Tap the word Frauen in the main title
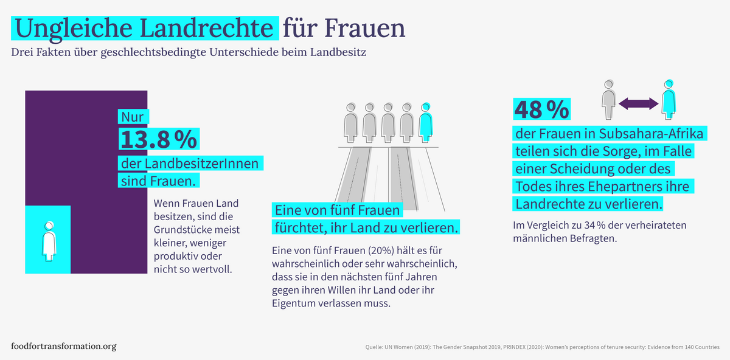[x=366, y=28]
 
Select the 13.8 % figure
[x=158, y=139]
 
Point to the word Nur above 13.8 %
[x=132, y=117]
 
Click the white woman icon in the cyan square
[x=48, y=239]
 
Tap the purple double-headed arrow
[x=639, y=104]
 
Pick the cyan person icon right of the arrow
[x=669, y=99]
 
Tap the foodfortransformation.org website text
[x=64, y=346]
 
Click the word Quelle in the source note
[x=374, y=347]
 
